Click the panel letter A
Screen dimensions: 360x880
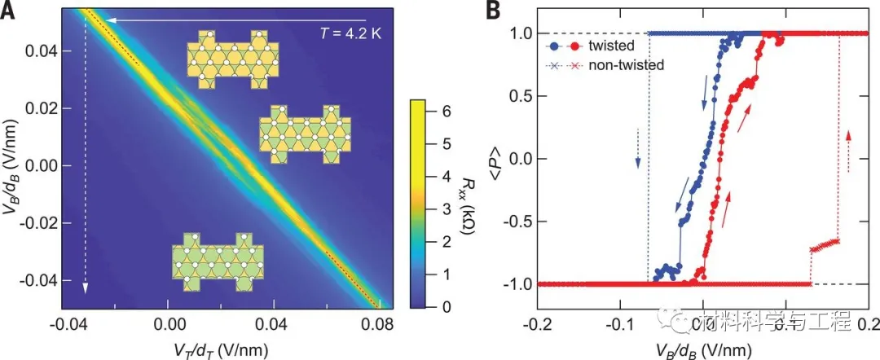pos(9,11)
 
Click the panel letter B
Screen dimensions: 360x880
pos(492,11)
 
